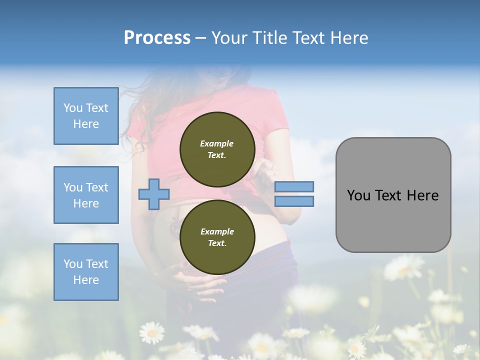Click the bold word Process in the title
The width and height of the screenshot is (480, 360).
157,38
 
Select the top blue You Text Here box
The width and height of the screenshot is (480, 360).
86,116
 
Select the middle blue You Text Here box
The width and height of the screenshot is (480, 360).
86,195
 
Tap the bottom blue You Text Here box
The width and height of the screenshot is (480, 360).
86,272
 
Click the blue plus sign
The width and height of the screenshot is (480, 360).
153,193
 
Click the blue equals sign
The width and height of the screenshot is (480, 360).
294,194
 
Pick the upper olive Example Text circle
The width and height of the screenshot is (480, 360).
217,149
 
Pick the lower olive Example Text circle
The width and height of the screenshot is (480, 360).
217,237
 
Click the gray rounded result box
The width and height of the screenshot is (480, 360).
393,195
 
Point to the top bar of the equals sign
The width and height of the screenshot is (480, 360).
294,187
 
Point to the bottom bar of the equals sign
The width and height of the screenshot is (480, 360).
294,201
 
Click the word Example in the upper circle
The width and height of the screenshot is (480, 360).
217,143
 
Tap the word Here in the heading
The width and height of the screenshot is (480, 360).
349,38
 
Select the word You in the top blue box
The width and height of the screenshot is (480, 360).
72,108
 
